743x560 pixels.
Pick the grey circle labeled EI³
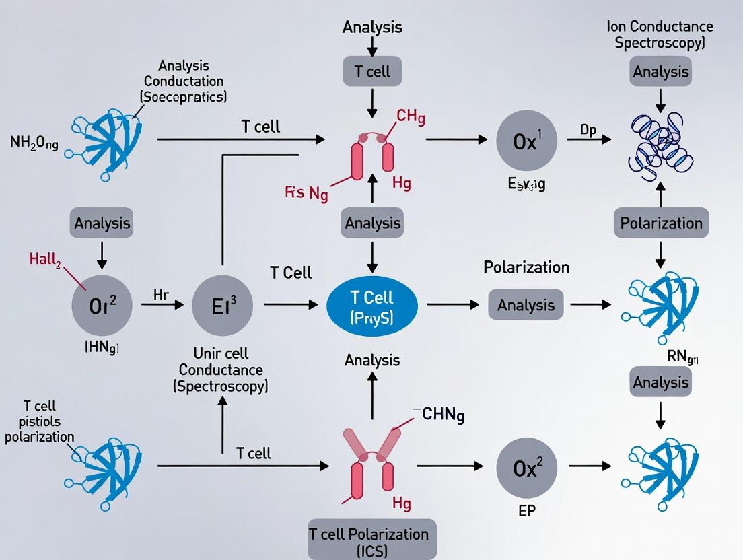point(223,305)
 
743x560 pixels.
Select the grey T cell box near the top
point(372,71)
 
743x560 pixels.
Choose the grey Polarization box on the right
point(661,223)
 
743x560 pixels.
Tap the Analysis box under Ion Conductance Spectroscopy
point(661,71)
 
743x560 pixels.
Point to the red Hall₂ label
point(45,259)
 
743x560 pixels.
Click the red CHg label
point(410,116)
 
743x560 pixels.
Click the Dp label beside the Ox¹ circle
point(588,130)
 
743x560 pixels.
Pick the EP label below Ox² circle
point(526,510)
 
